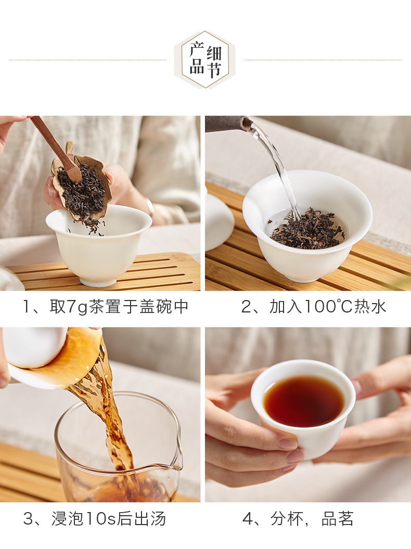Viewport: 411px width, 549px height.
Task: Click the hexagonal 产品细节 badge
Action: pos(205,59)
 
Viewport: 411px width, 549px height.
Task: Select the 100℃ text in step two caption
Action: pos(328,307)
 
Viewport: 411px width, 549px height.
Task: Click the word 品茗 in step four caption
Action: pos(338,518)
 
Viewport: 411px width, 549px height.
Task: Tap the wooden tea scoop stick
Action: pos(56,148)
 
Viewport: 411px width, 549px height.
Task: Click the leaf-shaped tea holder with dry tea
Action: pos(82,186)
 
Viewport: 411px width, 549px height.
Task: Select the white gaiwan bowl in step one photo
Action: pos(99,244)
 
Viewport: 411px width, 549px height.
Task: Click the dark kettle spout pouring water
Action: pos(229,124)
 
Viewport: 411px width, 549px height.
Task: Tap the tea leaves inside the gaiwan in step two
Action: pos(306,229)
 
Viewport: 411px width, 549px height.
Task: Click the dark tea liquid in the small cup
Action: pos(303,400)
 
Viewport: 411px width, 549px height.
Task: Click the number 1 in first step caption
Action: pos(27,307)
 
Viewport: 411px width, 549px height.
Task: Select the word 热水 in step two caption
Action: pos(370,307)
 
